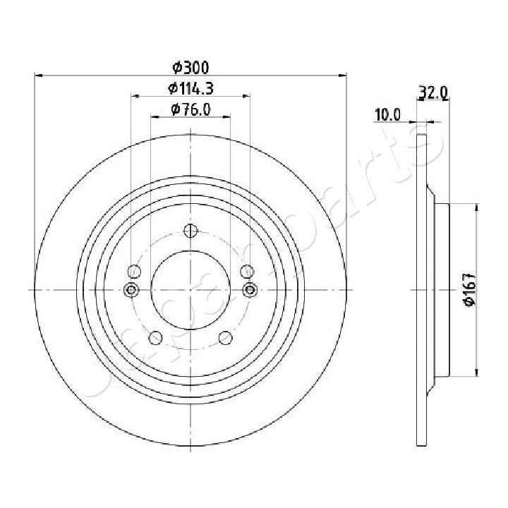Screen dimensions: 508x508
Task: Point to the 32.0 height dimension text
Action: tap(431, 92)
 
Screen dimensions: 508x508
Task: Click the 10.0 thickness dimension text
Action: tap(387, 114)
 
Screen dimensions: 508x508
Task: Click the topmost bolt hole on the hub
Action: tap(190, 231)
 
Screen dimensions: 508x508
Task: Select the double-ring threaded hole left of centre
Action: tap(131, 289)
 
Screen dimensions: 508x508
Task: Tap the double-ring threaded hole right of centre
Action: tap(248, 289)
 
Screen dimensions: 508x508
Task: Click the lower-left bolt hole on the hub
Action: tap(155, 339)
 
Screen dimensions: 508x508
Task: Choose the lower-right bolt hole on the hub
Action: tap(225, 339)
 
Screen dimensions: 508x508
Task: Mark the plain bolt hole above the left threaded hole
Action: tap(135, 272)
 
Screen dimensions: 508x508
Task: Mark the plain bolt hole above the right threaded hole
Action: tap(246, 272)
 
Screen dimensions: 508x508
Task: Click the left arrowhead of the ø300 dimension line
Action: tap(37, 75)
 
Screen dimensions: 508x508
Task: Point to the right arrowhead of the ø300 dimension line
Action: tap(344, 75)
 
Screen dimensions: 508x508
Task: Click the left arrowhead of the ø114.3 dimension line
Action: tap(133, 97)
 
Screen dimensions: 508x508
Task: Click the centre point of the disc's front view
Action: tap(190, 289)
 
